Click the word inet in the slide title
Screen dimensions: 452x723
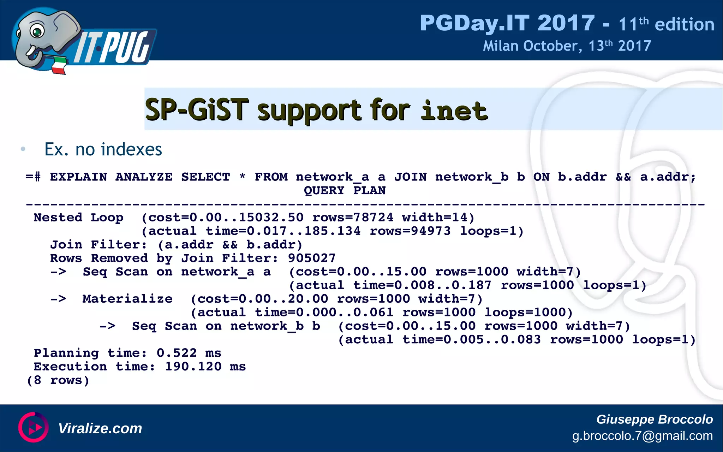click(454, 111)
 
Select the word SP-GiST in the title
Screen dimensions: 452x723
click(197, 110)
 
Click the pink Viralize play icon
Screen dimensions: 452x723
click(34, 427)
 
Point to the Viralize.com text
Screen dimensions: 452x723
click(100, 428)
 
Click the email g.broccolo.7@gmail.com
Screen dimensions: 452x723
click(642, 436)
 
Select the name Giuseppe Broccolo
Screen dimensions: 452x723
click(654, 419)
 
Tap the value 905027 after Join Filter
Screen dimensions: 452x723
click(311, 258)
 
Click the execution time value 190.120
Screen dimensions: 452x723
click(193, 367)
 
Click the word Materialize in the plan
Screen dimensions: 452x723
click(127, 299)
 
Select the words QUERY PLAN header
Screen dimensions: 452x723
click(345, 191)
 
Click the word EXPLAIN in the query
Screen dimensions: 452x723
click(78, 177)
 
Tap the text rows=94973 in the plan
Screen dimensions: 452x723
click(410, 231)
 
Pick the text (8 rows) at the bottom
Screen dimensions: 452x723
click(58, 380)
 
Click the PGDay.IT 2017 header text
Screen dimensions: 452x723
click(507, 23)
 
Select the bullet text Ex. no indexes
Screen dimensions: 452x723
click(103, 149)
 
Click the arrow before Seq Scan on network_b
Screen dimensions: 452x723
click(107, 326)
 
